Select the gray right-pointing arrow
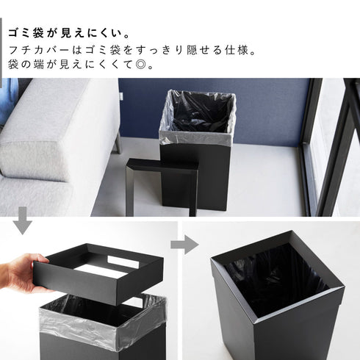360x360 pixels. coord(184,245)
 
